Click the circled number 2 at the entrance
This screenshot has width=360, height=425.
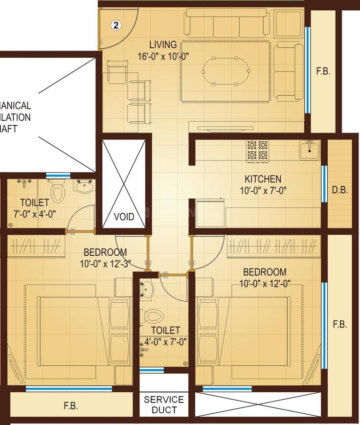[116, 25]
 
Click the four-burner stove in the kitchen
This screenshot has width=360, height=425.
[257, 150]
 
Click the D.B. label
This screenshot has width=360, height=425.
[339, 191]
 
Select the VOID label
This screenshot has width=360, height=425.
[123, 216]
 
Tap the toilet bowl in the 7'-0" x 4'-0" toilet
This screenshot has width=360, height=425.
[57, 191]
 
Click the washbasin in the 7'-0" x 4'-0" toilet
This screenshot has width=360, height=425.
[84, 186]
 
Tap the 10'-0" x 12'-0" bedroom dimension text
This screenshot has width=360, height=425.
[264, 283]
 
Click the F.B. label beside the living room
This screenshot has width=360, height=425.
[323, 71]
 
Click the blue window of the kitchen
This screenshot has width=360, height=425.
[324, 183]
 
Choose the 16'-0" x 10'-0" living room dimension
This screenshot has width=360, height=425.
[163, 56]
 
